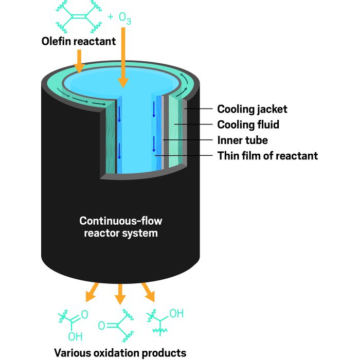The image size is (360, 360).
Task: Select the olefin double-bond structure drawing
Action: tap(77, 16)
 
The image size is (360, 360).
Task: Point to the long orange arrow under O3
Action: tap(123, 57)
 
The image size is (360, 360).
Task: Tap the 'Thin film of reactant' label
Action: tap(267, 155)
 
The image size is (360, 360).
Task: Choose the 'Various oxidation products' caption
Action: tap(120, 353)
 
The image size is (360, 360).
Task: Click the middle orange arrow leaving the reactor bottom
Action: tap(120, 295)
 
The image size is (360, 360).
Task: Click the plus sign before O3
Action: tap(110, 17)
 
